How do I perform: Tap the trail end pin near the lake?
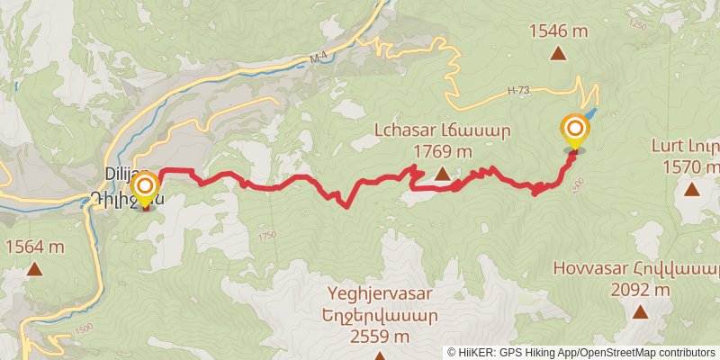[x=573, y=131]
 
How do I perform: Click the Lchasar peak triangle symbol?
[x=442, y=175]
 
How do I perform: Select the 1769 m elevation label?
[x=442, y=150]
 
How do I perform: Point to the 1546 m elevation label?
[x=558, y=31]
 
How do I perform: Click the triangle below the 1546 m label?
[x=558, y=54]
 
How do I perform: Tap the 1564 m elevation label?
[x=34, y=247]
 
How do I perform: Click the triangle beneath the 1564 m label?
[x=34, y=268]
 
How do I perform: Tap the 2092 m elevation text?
[x=640, y=290]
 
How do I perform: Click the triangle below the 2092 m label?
[x=640, y=312]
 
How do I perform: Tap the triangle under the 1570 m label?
[x=691, y=189]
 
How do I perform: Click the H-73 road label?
[x=517, y=90]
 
